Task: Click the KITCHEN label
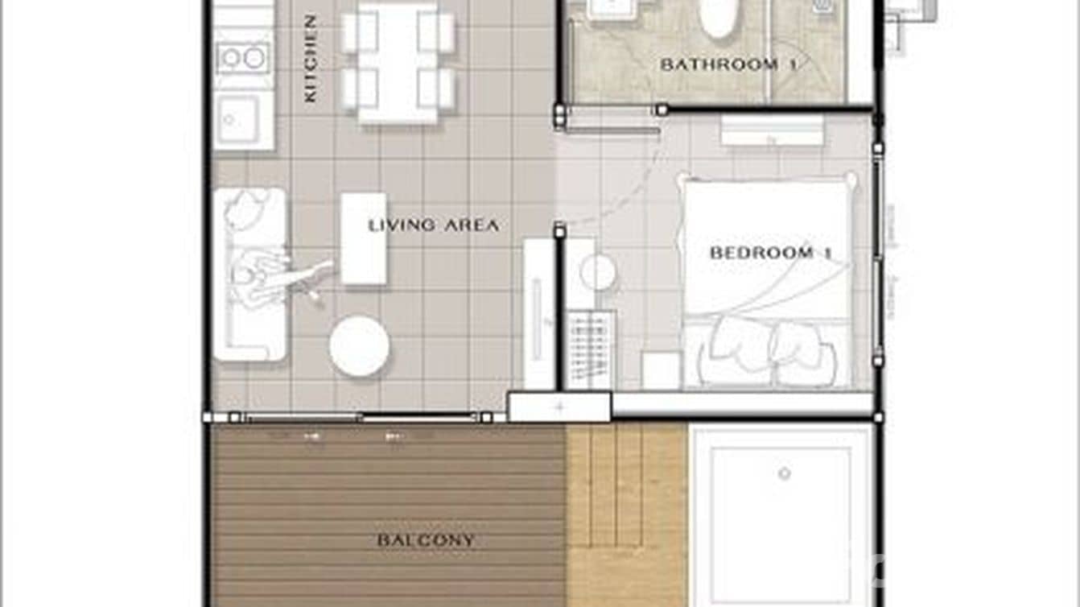click(x=310, y=58)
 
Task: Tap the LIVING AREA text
click(x=434, y=225)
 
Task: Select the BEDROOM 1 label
click(x=770, y=253)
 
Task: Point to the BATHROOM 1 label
click(x=728, y=64)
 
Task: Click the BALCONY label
click(x=426, y=540)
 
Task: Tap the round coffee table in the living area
click(x=359, y=346)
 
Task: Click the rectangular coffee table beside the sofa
click(x=363, y=238)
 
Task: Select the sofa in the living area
click(x=249, y=274)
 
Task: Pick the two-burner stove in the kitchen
click(x=242, y=58)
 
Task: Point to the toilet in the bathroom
click(x=717, y=18)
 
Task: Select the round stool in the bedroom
click(x=598, y=272)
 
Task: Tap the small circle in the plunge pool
click(x=784, y=473)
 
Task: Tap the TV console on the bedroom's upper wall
click(x=772, y=130)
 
